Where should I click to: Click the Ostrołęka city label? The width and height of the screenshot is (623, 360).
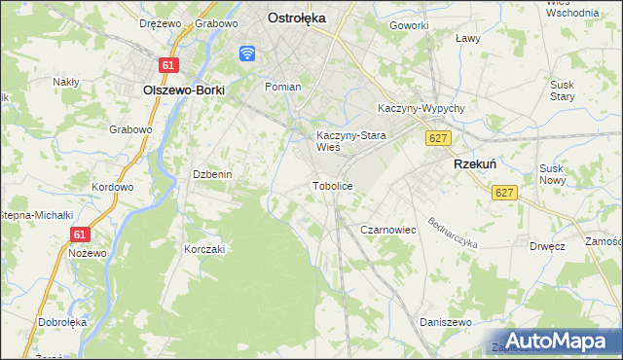(x=297, y=17)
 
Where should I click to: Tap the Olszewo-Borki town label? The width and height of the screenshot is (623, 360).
(x=184, y=90)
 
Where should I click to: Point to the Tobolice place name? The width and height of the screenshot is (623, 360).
(x=332, y=185)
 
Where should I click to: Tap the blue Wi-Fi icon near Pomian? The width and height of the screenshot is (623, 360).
(x=247, y=53)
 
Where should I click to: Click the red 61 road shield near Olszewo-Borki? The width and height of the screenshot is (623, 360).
(x=169, y=65)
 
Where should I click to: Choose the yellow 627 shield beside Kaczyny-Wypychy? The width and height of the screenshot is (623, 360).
(x=437, y=138)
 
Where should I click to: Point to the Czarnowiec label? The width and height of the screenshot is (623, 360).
(x=388, y=230)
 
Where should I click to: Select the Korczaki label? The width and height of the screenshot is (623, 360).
(x=204, y=249)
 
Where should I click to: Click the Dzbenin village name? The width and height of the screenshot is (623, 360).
(x=211, y=174)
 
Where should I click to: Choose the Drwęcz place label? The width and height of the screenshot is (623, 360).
(x=548, y=246)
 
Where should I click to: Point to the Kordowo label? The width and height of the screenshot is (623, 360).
(x=112, y=186)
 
